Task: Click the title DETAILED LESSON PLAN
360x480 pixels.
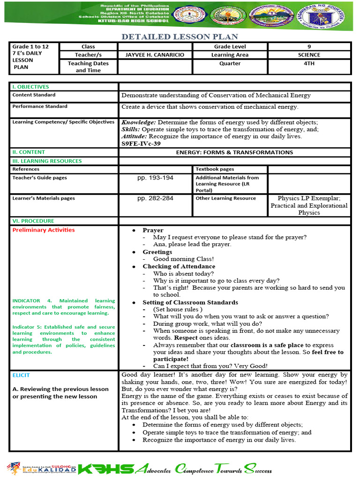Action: point(180,37)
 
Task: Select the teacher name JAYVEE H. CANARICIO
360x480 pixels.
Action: point(155,55)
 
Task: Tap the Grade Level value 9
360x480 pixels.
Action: point(309,46)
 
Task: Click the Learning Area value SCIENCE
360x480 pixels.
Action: point(309,55)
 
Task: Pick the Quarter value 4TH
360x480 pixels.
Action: point(309,64)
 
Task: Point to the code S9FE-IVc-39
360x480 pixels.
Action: point(141,144)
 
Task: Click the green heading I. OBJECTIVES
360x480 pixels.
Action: point(30,87)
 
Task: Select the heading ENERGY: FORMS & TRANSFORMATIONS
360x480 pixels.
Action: point(234,152)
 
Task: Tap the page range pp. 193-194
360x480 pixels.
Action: point(155,178)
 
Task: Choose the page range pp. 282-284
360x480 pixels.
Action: point(155,198)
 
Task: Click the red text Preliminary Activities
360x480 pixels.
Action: point(43,230)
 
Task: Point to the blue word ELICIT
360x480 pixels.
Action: point(21,375)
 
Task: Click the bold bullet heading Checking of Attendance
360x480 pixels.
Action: point(172,266)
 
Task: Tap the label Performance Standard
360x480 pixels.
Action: point(39,106)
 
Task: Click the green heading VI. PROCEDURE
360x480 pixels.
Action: point(33,221)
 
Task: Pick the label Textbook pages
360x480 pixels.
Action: point(215,169)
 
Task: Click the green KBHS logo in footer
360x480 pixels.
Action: point(106,469)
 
